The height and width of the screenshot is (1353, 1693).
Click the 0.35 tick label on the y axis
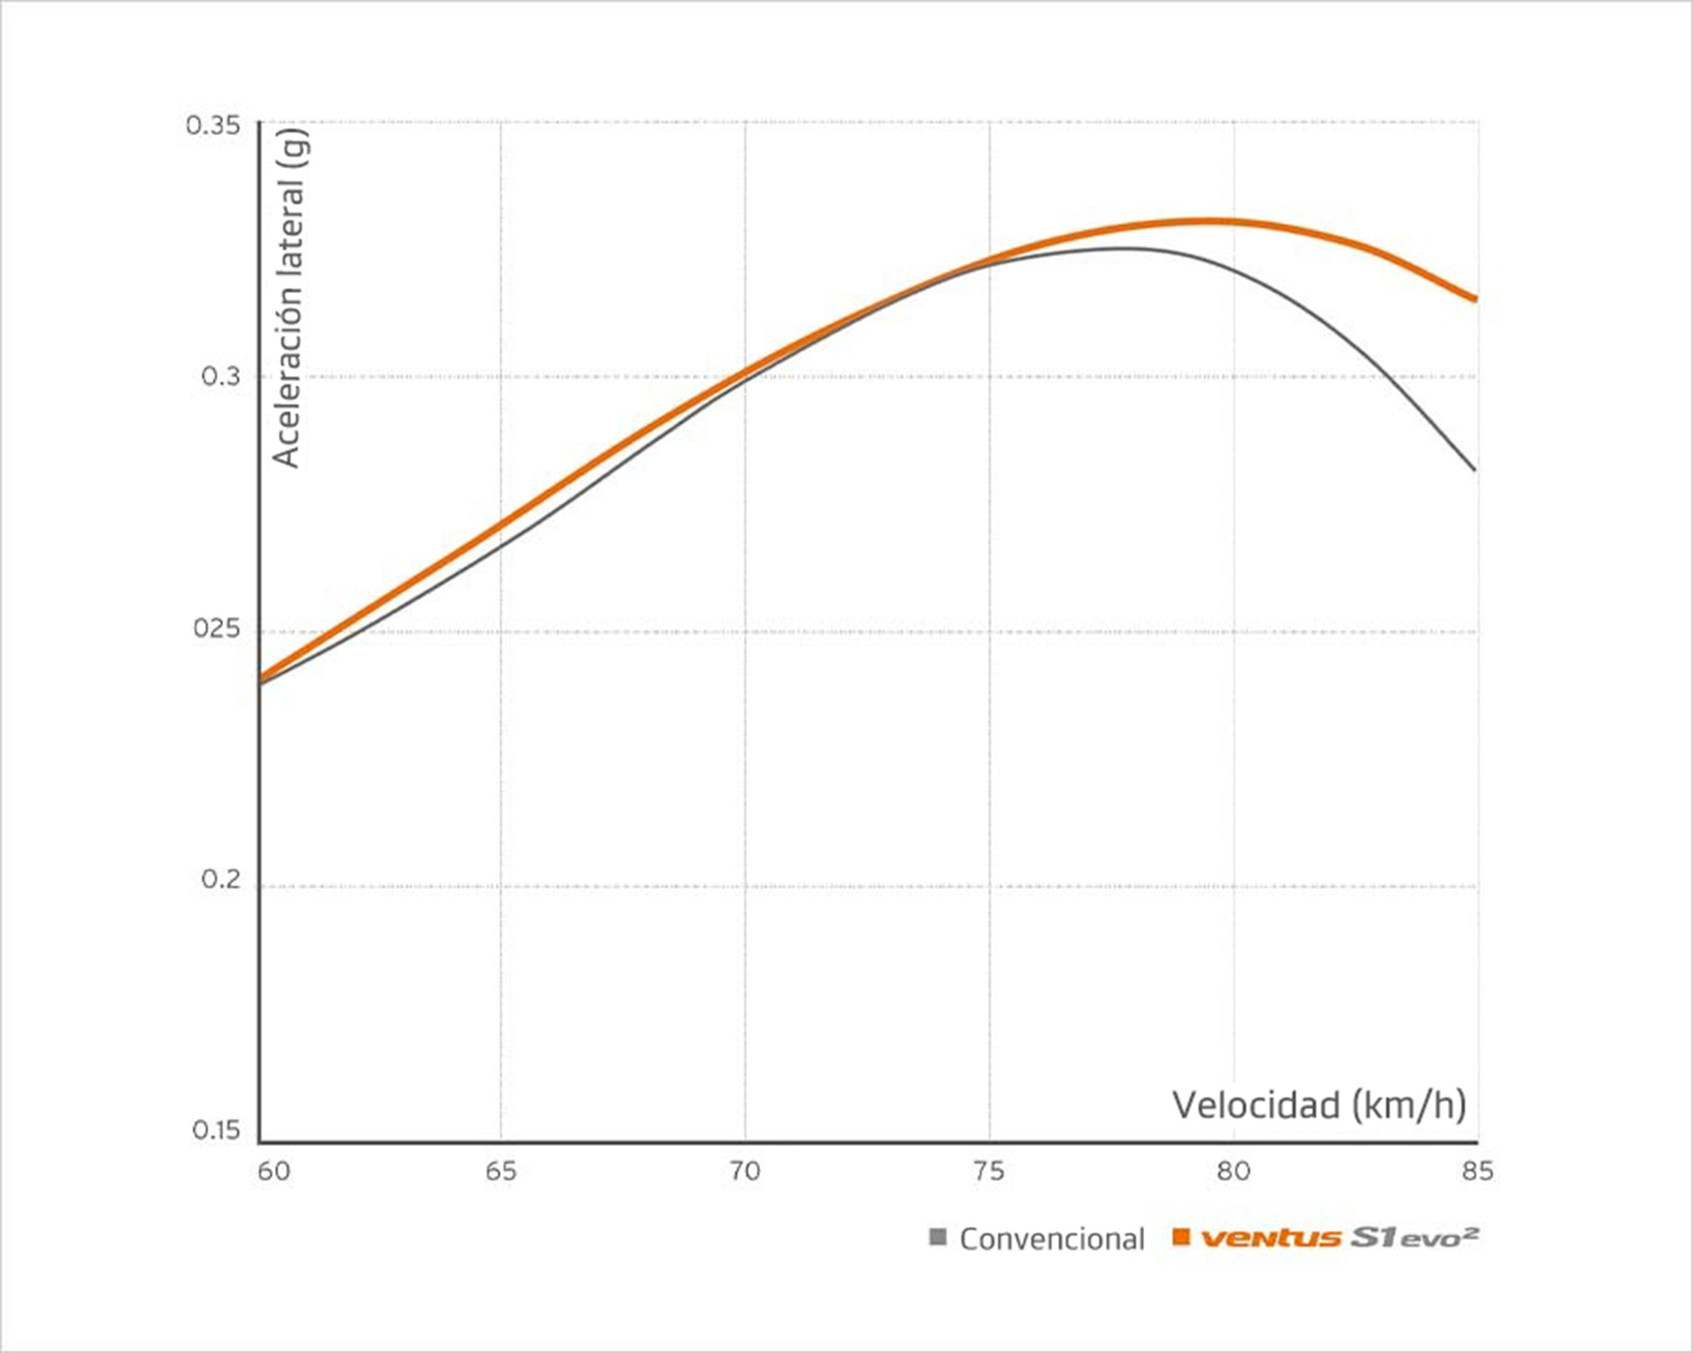point(212,125)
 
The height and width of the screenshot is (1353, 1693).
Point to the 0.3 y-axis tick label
point(221,377)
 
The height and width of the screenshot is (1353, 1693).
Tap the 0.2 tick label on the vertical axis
point(221,880)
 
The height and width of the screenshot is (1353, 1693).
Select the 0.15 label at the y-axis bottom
point(216,1131)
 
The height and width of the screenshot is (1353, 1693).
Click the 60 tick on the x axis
point(273,1171)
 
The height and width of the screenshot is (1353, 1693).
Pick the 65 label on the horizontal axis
point(501,1171)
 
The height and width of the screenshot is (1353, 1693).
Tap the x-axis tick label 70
point(744,1171)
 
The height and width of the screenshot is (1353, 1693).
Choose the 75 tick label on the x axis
point(989,1171)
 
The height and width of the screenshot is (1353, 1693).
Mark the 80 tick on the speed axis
point(1233,1171)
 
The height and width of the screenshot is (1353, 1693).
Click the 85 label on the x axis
point(1477,1171)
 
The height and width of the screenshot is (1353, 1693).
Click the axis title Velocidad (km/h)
point(1319,1105)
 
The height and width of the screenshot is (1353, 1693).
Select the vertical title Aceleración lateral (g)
point(289,298)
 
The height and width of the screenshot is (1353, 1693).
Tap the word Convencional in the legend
point(1051,1239)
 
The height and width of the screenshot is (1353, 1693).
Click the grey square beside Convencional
point(937,1237)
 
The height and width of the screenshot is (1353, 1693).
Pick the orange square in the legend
point(1181,1237)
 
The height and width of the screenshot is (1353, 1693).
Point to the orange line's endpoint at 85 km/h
point(1474,299)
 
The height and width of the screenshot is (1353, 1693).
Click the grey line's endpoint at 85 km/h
point(1474,470)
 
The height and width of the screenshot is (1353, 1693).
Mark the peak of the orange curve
point(1204,221)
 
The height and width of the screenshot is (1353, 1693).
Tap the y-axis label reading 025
point(216,629)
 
